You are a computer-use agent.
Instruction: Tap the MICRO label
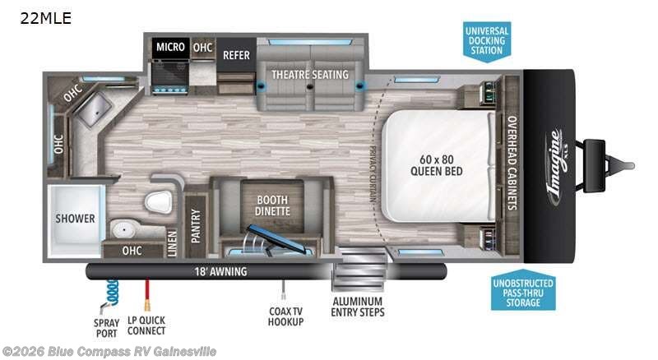click(x=170, y=48)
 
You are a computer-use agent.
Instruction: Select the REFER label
click(x=236, y=55)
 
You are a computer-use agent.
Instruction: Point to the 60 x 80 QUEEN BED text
click(x=437, y=164)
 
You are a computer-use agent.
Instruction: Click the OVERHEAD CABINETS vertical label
click(x=511, y=164)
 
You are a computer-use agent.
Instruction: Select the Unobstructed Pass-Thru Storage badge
click(x=523, y=293)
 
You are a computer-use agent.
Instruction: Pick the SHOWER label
click(x=76, y=219)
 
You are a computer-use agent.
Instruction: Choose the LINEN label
click(x=173, y=242)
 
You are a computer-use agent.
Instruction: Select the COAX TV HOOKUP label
click(x=285, y=316)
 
